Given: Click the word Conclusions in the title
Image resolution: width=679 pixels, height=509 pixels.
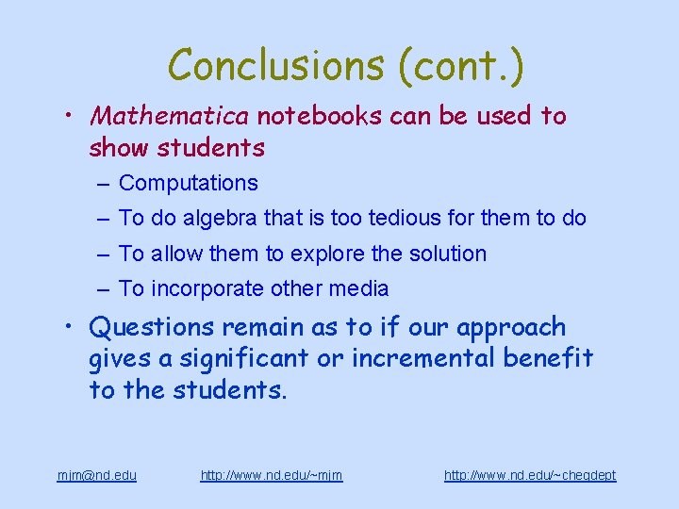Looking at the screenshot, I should tap(273, 66).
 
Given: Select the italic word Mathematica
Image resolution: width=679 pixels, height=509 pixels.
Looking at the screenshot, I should tap(169, 116).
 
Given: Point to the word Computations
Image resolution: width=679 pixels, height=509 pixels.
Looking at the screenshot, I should tap(189, 183).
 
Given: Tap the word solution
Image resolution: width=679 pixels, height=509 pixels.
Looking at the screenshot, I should tap(442, 254).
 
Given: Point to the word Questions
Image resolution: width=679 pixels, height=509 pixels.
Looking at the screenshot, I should tap(152, 328).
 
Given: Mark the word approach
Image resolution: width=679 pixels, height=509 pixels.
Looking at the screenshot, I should tap(511, 328).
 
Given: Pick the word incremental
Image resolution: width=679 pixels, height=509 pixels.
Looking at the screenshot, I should tap(420, 358).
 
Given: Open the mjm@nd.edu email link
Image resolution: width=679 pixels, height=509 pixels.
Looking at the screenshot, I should tap(97, 475).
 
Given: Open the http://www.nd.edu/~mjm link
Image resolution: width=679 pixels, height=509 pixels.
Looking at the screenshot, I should tap(272, 475).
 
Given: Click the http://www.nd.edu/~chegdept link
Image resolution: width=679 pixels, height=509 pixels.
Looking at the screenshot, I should tap(530, 475).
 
